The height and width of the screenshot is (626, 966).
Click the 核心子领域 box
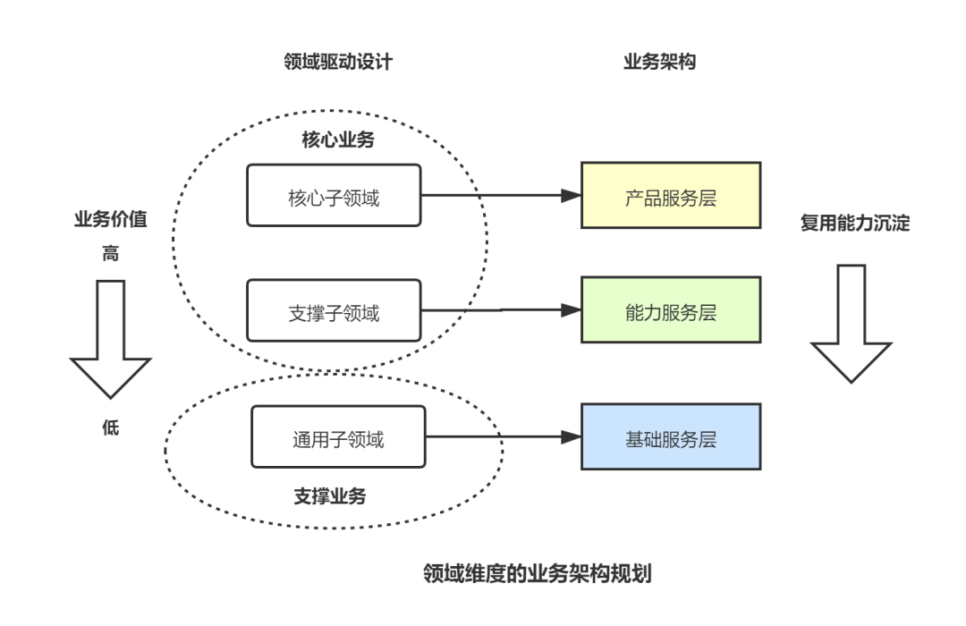coord(334,195)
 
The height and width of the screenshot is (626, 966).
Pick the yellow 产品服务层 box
coord(671,195)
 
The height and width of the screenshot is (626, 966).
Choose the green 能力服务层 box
coord(671,309)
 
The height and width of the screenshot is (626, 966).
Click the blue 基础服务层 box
coord(671,436)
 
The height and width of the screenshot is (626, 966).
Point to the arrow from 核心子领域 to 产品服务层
coord(501,195)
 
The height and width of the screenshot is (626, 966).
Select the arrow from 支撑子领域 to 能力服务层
coord(501,309)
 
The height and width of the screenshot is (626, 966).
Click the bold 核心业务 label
coord(337,140)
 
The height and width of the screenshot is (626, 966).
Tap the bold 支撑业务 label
coord(330,495)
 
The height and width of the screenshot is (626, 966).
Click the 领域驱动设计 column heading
coord(337,61)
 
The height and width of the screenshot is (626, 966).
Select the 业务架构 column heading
coord(659,61)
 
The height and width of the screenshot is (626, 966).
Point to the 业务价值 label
coord(110,220)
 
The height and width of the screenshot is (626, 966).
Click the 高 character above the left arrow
coord(110,254)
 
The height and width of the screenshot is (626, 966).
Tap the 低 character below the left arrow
coord(110,427)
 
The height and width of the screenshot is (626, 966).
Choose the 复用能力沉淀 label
coord(854,223)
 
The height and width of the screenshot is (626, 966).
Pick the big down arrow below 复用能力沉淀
coord(852,322)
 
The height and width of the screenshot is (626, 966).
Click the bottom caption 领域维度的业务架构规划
coord(538,573)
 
